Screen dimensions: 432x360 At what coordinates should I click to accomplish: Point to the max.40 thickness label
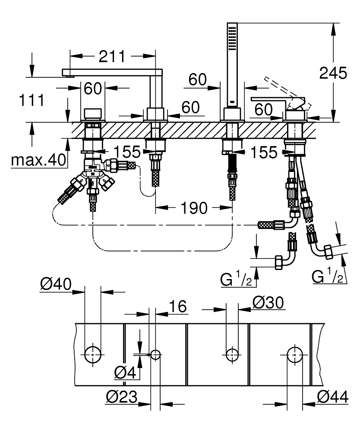pos(39,160)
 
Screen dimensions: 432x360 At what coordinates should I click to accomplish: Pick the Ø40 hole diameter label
pos(56,284)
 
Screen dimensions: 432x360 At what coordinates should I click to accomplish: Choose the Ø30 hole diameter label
pos(268,303)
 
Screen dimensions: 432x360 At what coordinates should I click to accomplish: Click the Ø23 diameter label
pos(122,397)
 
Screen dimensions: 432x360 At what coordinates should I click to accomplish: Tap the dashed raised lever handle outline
pos(281,89)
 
